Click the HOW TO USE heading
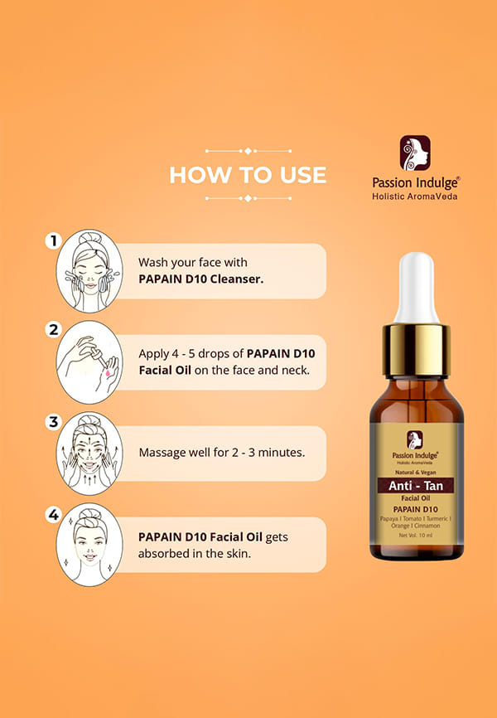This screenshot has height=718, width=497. coord(248,175)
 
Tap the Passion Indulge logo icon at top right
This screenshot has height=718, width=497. coord(415,153)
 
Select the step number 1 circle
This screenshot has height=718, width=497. coord(54,240)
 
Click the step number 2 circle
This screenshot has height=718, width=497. coord(54,330)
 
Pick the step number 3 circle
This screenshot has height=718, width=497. coord(54,421)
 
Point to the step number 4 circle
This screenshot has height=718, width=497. coord(54,515)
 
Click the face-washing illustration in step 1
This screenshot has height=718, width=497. coord(89,271)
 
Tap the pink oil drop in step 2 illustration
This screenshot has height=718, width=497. coord(108,374)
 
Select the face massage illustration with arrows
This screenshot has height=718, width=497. coord(89,454)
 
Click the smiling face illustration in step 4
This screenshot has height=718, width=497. coord(89,545)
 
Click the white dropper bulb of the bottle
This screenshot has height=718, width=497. coord(416,288)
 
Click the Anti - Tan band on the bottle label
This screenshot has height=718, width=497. coord(416,485)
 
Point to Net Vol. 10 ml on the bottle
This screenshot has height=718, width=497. coord(416,536)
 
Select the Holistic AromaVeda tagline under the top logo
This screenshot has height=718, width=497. coord(415,196)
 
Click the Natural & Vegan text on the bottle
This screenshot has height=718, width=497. coord(416,472)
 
